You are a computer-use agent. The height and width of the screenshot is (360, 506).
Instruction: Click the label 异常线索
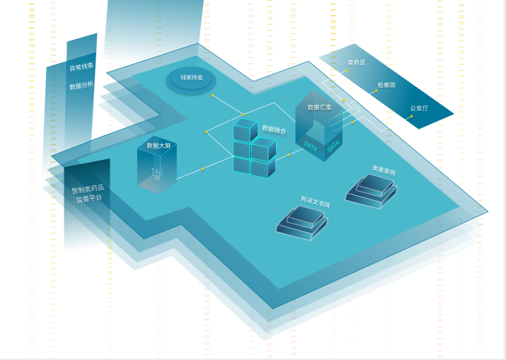(81, 67)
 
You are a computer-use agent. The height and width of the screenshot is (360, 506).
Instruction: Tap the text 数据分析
(81, 86)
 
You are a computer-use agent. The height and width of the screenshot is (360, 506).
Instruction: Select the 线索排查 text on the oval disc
(192, 77)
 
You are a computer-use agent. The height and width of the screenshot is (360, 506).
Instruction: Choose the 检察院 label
(386, 85)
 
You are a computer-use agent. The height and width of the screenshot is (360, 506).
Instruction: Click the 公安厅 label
(419, 108)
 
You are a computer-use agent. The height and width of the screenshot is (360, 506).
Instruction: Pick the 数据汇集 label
(319, 108)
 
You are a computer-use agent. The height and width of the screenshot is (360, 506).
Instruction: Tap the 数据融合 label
(274, 129)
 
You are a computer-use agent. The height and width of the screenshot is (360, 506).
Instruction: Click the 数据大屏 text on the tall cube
(159, 146)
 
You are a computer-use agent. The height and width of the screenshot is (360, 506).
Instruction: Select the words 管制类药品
(88, 189)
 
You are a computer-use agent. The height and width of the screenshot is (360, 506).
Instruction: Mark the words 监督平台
(88, 199)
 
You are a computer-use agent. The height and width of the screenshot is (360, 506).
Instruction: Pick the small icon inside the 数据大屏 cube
(157, 172)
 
